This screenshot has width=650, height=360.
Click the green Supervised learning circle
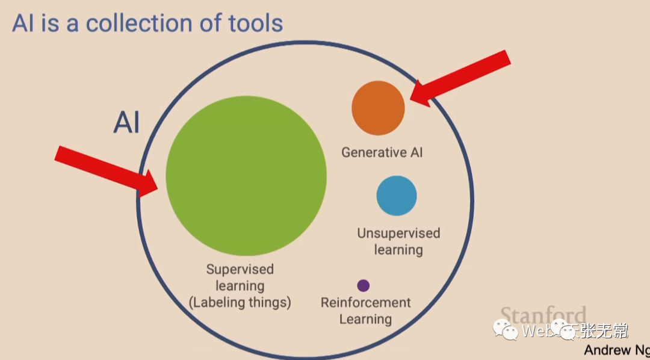[x=246, y=176]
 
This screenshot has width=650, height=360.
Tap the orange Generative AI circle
[x=378, y=108]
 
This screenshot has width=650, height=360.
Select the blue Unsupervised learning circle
[x=397, y=196]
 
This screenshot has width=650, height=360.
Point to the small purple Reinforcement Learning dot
[x=363, y=285]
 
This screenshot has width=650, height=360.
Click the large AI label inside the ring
[x=126, y=122]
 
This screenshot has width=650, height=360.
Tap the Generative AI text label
[x=382, y=152]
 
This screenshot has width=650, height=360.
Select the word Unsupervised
[x=398, y=233]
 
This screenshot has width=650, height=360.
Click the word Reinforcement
[x=365, y=302]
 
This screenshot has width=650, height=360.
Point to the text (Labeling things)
[x=240, y=302]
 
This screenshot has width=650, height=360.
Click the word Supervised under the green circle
[x=240, y=269]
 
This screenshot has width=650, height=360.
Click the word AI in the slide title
[x=23, y=23]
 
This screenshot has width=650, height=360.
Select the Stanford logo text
[x=543, y=315]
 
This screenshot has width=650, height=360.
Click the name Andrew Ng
[x=616, y=350]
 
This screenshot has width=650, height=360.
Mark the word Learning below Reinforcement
[x=365, y=318]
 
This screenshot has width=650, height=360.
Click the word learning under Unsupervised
[x=398, y=249]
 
